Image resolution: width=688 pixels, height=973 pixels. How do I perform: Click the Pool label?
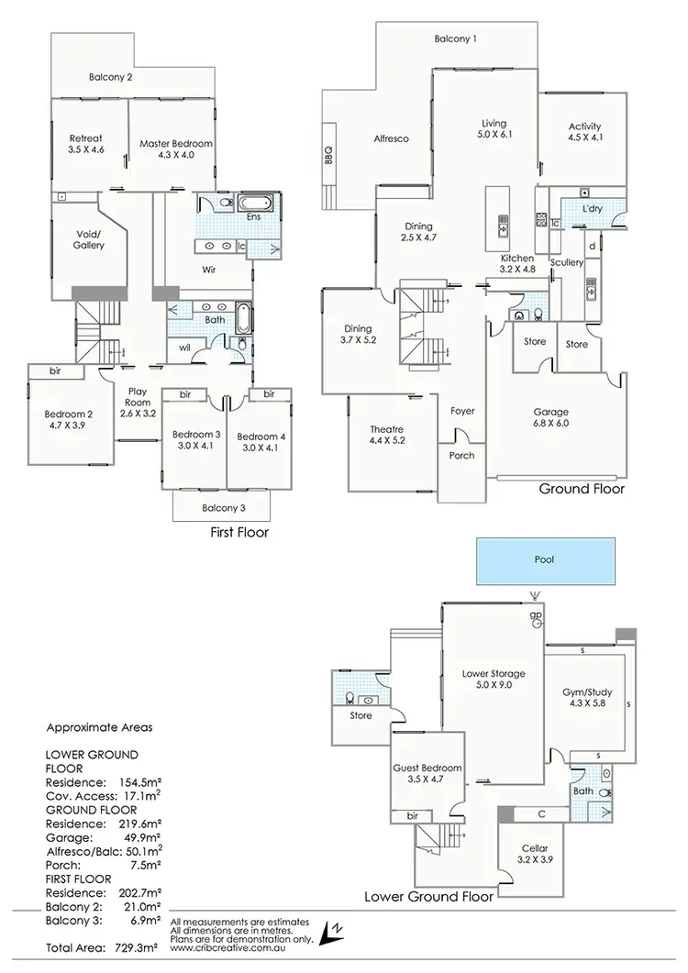(x=544, y=558)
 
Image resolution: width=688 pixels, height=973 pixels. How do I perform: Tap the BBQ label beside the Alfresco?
(x=327, y=158)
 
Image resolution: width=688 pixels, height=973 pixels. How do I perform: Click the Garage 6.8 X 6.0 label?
(x=551, y=418)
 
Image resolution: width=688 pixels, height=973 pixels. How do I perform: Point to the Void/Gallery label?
(x=89, y=239)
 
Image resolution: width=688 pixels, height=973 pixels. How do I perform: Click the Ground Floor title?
(x=582, y=489)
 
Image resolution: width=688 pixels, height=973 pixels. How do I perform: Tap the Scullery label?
(x=566, y=262)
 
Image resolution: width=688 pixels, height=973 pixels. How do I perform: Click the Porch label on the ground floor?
(x=461, y=456)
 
